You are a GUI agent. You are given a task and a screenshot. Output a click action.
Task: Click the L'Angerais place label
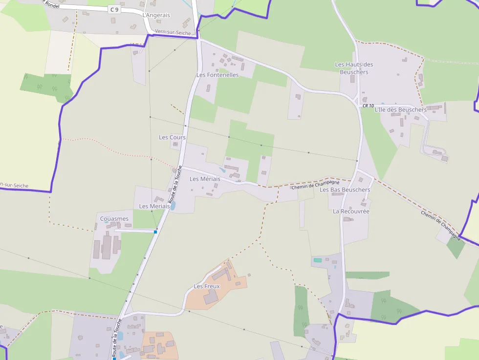pos(156,15)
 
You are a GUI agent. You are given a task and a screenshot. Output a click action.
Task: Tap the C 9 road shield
pos(114,9)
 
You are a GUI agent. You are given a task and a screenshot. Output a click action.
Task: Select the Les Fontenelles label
pos(218,75)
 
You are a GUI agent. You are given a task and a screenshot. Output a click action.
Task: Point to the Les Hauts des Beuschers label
pos(354,68)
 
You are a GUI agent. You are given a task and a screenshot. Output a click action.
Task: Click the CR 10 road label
pos(368,106)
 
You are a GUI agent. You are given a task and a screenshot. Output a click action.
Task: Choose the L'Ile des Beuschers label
pos(400,110)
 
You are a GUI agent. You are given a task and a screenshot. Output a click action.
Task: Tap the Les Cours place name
pos(172,137)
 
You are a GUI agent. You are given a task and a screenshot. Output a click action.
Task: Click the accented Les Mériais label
pos(205,179)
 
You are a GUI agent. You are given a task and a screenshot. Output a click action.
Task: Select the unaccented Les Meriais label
pos(154,206)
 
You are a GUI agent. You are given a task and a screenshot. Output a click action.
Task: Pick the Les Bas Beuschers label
pos(345,190)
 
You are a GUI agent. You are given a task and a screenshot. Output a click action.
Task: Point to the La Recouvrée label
pos(351,212)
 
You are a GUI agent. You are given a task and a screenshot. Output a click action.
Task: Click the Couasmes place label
pos(114,219)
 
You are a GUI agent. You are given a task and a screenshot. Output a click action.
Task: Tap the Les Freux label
pos(207,286)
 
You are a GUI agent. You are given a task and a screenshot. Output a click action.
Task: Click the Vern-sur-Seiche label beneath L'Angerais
pos(173,32)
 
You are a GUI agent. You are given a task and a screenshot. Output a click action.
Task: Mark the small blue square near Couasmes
pos(155,232)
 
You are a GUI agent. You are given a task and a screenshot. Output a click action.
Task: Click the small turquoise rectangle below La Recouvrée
pos(318,260)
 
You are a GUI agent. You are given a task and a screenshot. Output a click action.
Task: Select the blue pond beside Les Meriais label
pos(173,206)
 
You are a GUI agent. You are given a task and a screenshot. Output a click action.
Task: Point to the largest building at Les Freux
pos(211,296)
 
